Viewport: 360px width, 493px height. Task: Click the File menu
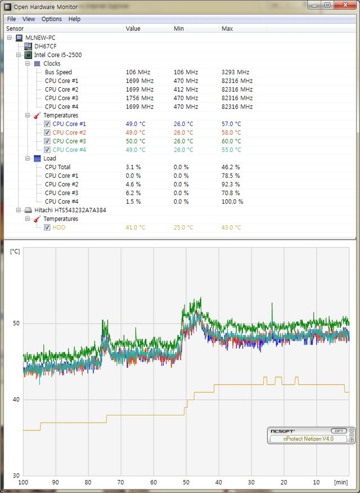[x=11, y=19]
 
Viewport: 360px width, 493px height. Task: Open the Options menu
[x=51, y=19]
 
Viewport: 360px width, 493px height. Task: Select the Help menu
[x=74, y=19]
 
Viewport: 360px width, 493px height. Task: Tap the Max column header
[x=227, y=28]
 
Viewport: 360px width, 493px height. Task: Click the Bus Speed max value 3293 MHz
[x=236, y=72]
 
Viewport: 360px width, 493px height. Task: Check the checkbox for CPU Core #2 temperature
[x=47, y=132]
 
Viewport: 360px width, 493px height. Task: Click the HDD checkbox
[x=47, y=227]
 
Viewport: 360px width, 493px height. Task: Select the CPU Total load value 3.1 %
[x=133, y=167]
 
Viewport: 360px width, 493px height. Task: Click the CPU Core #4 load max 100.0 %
[x=232, y=201]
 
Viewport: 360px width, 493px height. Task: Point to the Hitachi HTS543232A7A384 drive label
[x=70, y=210]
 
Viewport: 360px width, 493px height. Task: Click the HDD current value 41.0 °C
[x=135, y=227]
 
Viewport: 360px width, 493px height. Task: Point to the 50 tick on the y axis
[x=16, y=323]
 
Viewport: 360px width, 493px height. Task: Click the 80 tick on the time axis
[x=88, y=482]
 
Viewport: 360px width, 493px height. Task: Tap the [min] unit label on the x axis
[x=341, y=482]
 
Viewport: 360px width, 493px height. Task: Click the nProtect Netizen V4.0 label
[x=308, y=438]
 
